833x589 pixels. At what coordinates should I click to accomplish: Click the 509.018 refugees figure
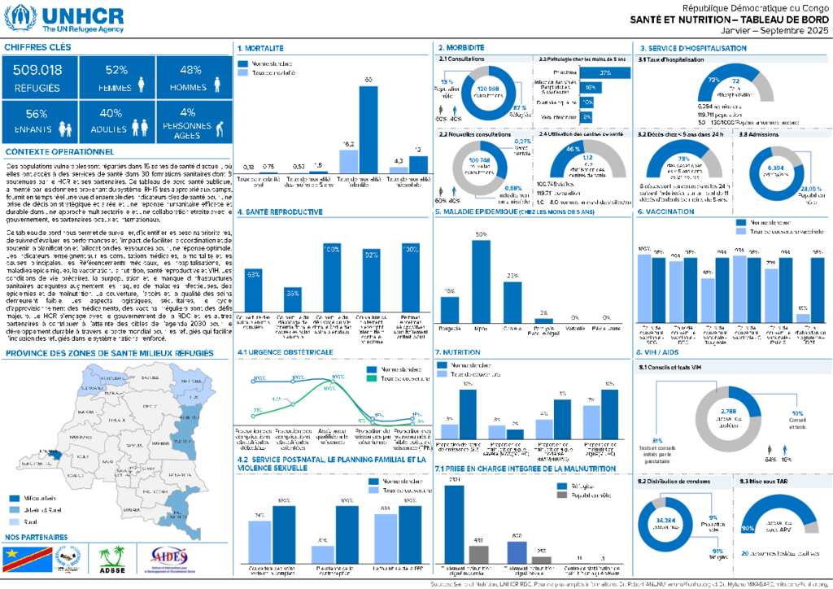pyautogui.click(x=38, y=70)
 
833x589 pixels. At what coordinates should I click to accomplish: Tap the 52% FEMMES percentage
pyautogui.click(x=116, y=70)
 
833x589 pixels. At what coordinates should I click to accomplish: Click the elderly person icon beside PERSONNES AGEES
pyautogui.click(x=201, y=128)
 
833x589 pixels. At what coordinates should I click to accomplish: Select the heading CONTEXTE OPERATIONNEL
pyautogui.click(x=59, y=151)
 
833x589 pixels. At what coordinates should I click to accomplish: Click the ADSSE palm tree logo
pyautogui.click(x=111, y=557)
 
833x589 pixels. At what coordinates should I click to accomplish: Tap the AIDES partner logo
pyautogui.click(x=169, y=557)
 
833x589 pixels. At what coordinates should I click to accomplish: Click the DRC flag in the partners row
pyautogui.click(x=22, y=558)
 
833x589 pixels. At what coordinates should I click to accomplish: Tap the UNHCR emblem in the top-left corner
pyautogui.click(x=20, y=16)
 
